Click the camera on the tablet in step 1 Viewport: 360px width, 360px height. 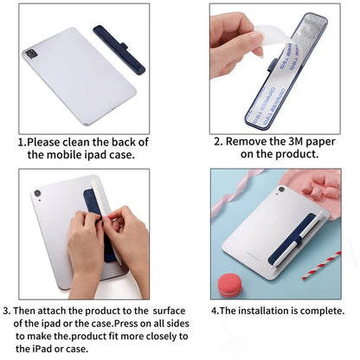point(32,54)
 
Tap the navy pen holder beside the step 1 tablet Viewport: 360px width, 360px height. point(119,49)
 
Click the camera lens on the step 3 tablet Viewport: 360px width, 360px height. point(38,193)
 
